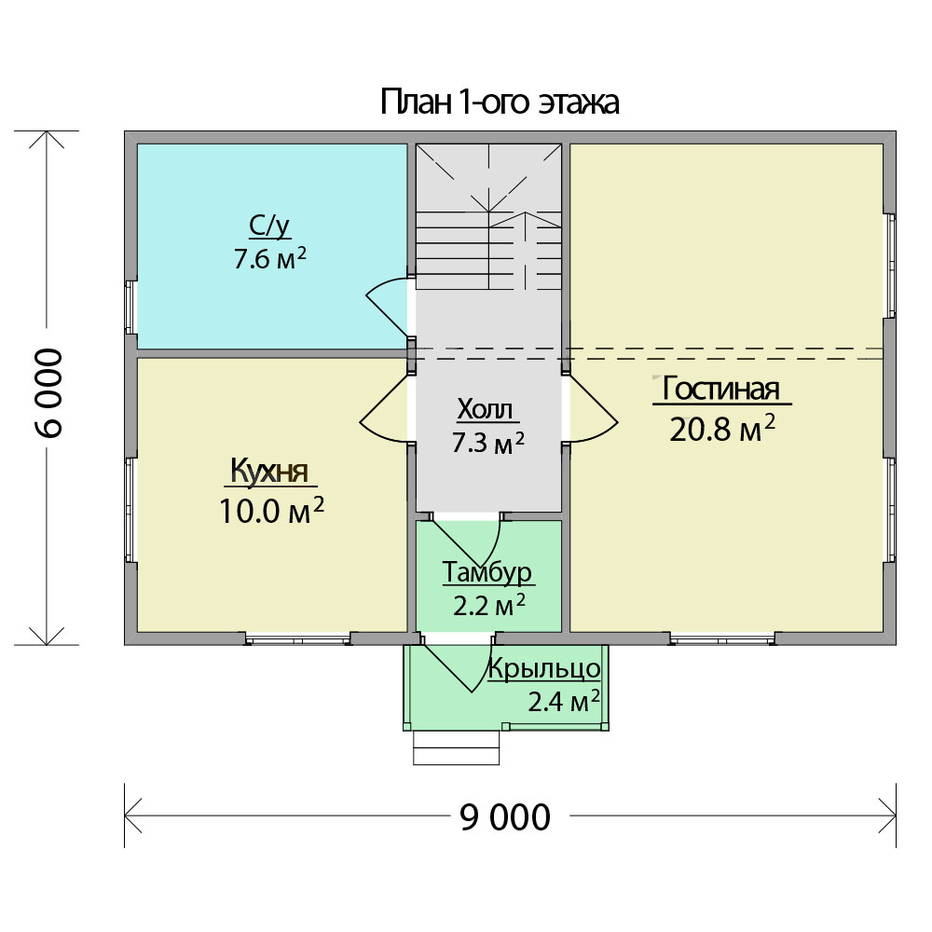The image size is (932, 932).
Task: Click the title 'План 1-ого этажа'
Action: click(500, 102)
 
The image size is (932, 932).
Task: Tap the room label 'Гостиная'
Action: click(720, 389)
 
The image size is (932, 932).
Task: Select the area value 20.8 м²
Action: click(722, 428)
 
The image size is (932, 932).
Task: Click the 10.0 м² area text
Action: click(271, 510)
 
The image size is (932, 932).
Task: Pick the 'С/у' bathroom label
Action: click(269, 226)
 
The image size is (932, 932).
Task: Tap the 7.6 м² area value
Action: click(270, 258)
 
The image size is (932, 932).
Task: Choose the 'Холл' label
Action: click(485, 409)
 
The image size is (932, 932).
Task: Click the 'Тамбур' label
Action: click(487, 572)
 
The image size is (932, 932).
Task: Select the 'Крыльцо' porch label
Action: click(544, 668)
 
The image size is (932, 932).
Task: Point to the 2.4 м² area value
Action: click(564, 702)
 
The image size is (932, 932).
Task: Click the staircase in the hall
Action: click(488, 216)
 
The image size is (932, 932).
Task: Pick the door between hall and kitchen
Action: click(385, 408)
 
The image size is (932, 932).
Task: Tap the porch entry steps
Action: click(457, 747)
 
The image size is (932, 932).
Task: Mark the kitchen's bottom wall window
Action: click(298, 639)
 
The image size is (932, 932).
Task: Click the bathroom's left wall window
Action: click(130, 308)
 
